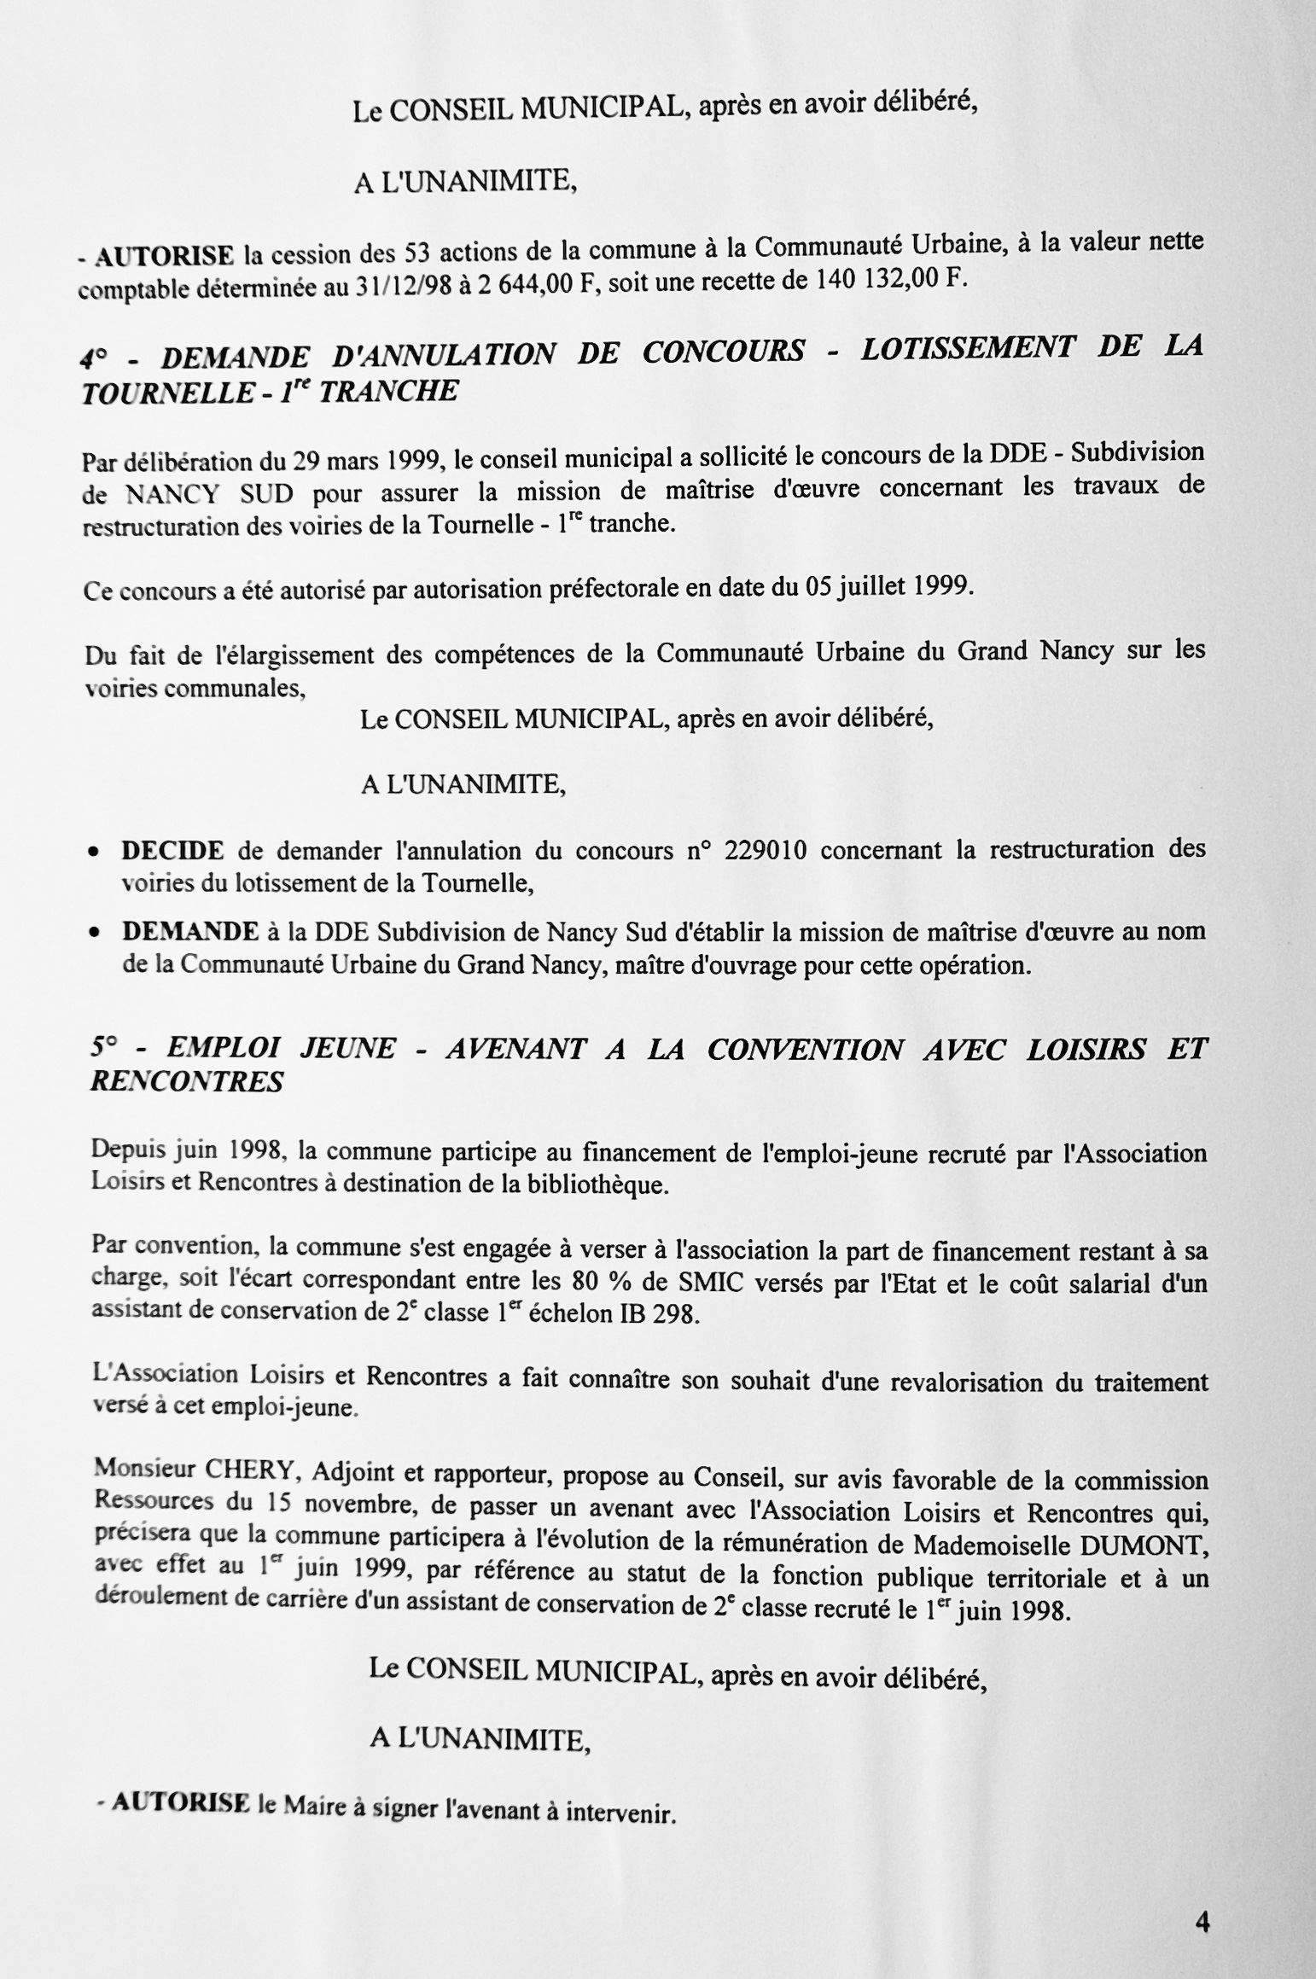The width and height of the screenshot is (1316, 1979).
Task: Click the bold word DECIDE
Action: (x=173, y=851)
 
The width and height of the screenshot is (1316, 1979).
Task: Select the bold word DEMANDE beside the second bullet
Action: (x=190, y=931)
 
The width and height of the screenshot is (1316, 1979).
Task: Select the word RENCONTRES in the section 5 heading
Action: (x=186, y=1082)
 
